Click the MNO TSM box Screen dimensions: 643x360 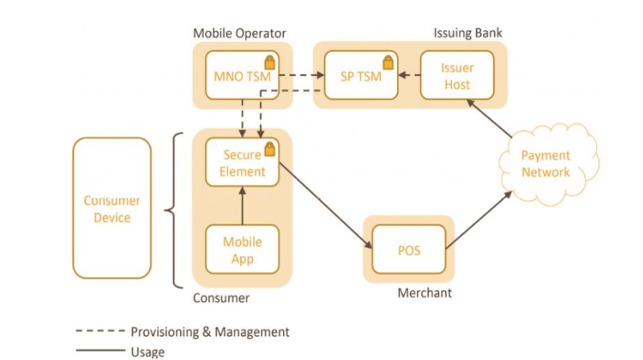242,75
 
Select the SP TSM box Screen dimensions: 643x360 361,75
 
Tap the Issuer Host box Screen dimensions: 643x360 457,75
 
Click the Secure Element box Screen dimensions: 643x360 242,162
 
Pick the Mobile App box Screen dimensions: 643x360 242,249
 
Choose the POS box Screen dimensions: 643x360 409,249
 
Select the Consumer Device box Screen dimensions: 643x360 112,208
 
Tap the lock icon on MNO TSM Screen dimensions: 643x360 270,63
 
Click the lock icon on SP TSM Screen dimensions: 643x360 388,63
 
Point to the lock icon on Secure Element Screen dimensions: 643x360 270,149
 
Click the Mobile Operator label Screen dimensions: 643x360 240,33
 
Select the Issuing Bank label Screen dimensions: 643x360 468,32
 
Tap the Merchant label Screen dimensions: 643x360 425,293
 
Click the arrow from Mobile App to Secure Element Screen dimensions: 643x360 242,206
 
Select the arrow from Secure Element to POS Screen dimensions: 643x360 326,206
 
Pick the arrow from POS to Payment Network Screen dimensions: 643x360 479,220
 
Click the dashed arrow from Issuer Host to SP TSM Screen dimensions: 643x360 409,75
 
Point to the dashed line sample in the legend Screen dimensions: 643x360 100,331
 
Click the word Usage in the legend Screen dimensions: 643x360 148,352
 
